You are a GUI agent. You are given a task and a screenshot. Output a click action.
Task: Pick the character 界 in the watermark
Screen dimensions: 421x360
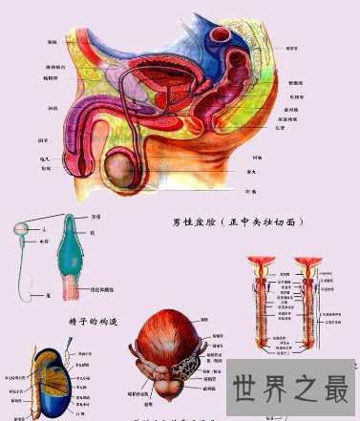275,389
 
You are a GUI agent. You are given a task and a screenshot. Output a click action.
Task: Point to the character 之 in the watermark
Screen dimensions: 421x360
305,389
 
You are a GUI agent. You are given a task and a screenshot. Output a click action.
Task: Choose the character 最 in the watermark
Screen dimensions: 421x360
334,389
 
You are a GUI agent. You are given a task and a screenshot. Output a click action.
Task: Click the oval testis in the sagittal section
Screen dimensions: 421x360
119,173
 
